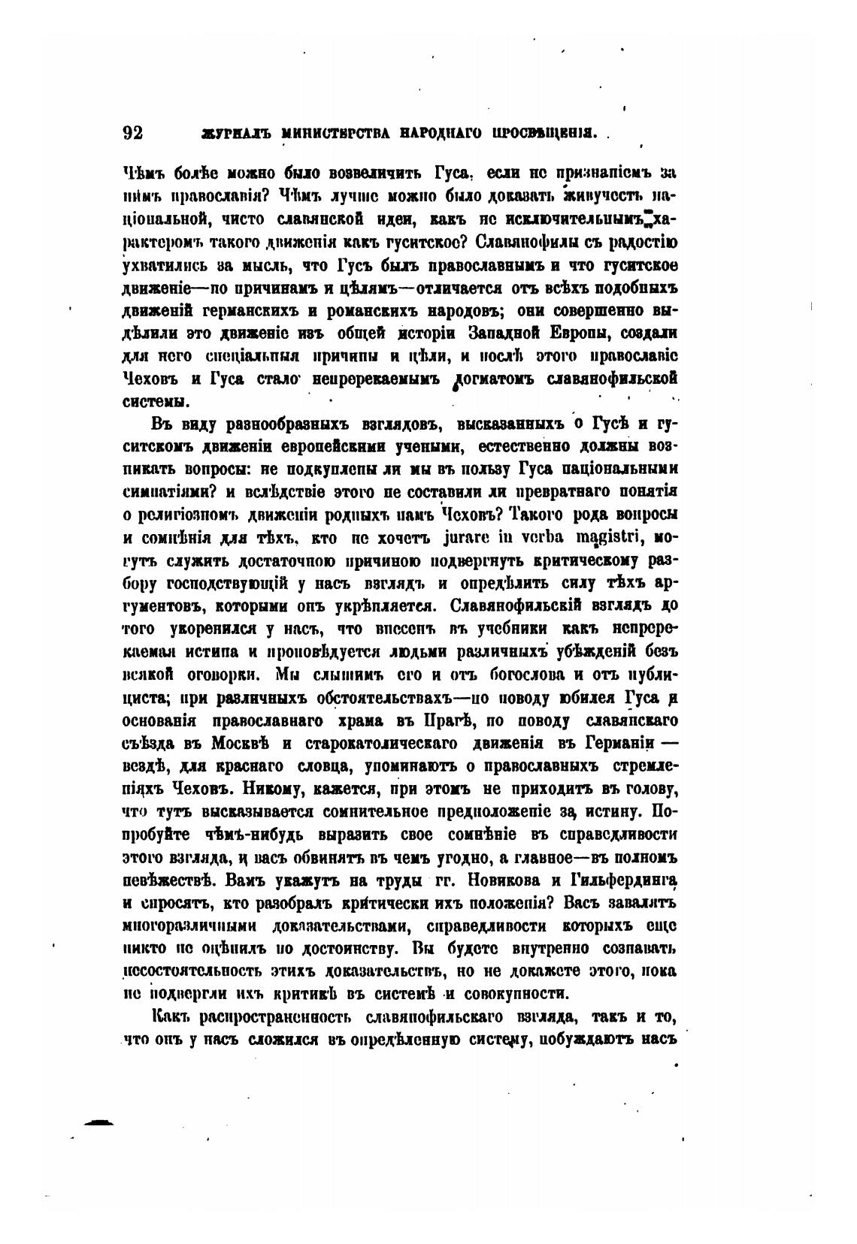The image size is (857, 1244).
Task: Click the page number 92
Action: click(x=132, y=133)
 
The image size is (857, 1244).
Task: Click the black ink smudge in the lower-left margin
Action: click(x=98, y=1122)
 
